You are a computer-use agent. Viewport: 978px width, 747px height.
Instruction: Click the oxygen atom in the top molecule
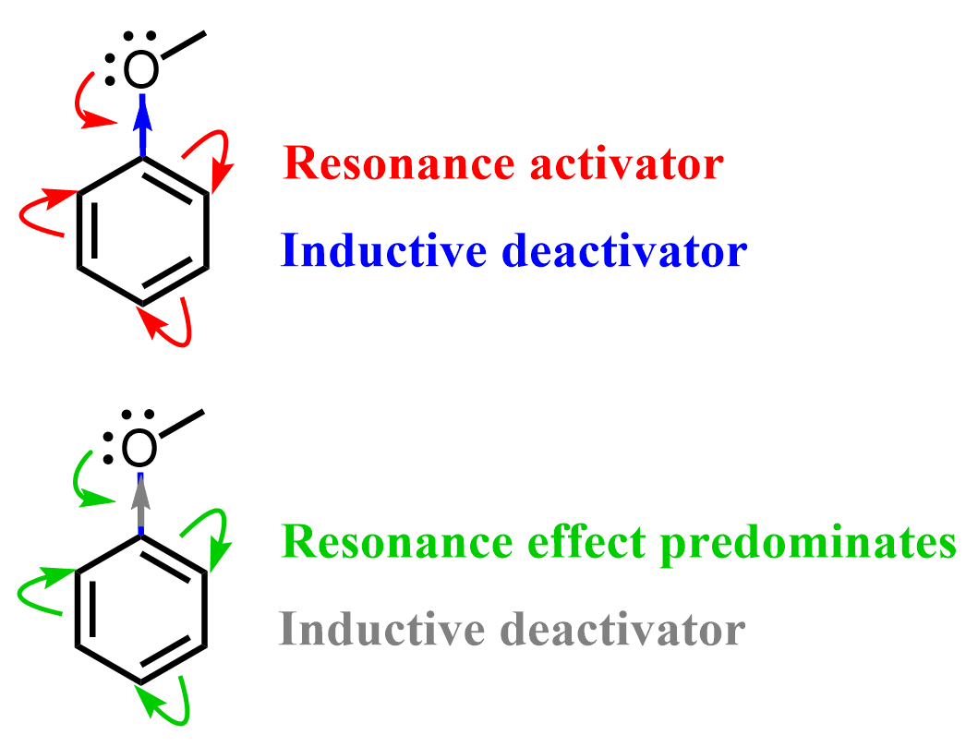click(141, 71)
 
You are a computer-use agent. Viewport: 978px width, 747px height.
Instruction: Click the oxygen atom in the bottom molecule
click(140, 450)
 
